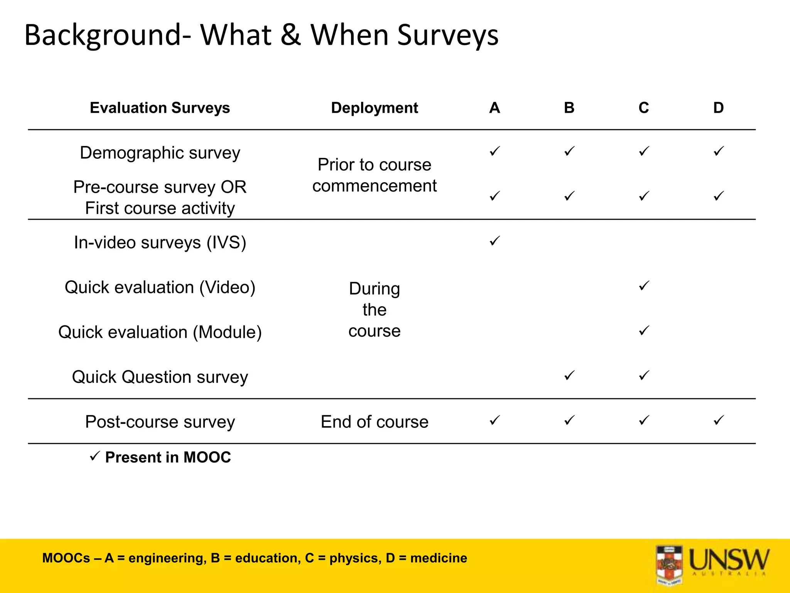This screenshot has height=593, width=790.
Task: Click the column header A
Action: [495, 108]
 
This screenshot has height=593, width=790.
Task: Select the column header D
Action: [718, 108]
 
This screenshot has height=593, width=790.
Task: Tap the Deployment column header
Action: [374, 108]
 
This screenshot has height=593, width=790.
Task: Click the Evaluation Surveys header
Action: [160, 108]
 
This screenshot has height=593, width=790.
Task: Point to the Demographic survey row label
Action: [160, 153]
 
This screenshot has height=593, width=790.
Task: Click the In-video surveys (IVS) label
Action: [160, 242]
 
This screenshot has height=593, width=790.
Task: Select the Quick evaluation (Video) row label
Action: [160, 287]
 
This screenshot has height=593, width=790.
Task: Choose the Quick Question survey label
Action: [160, 377]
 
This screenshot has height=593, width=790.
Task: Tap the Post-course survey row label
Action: [160, 422]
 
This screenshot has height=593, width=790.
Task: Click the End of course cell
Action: [374, 422]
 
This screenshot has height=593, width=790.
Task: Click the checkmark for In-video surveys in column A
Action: [495, 241]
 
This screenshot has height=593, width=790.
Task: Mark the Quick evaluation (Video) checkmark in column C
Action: [644, 286]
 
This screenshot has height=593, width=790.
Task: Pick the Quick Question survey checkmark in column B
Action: [569, 375]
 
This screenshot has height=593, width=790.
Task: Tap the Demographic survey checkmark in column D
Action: [718, 151]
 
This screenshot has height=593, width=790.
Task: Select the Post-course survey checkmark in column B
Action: [569, 420]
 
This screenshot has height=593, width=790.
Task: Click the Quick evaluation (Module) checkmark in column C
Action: [644, 330]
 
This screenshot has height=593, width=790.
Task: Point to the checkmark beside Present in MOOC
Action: [95, 456]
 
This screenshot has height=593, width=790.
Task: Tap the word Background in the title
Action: [102, 36]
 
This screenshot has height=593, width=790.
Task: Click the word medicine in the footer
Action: [439, 558]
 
